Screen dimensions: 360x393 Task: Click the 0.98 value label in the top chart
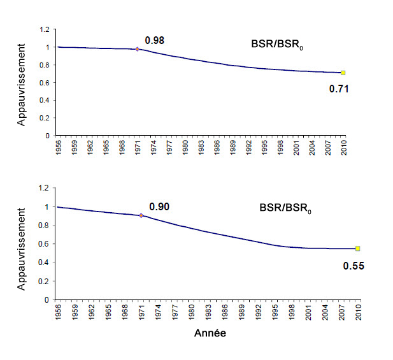coord(154,41)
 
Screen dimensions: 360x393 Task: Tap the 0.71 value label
coord(339,89)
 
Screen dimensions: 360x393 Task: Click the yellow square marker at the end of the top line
coord(343,73)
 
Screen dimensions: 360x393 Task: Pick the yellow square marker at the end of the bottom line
coord(358,248)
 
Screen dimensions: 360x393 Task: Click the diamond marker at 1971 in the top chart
coord(137,49)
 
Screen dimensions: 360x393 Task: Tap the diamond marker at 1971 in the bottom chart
coord(141,215)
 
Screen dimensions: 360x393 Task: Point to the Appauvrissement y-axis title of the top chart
coord(22,83)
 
